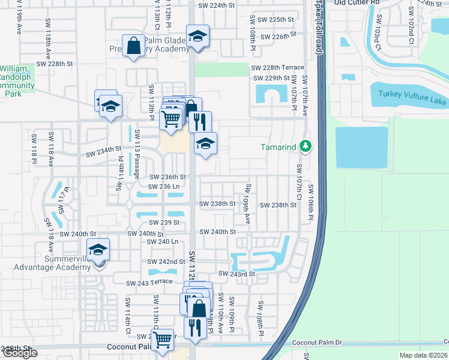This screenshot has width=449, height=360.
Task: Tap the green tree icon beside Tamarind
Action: pos(306,146)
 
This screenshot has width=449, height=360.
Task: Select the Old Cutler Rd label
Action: pos(357,3)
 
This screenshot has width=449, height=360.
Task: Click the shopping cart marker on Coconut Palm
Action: pos(163,340)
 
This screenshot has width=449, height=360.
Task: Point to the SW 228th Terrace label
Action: pos(277,68)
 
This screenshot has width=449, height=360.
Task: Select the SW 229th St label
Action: pos(271,78)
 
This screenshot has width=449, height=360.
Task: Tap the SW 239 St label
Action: pos(164,222)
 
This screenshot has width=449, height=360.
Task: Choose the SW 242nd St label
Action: pos(166,262)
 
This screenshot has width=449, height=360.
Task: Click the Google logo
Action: pos(20,353)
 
